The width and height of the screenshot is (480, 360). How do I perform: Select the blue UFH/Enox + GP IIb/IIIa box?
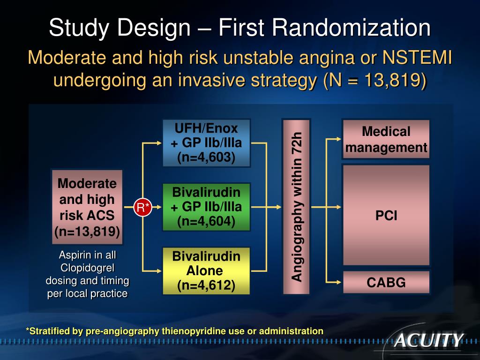pos(206,143)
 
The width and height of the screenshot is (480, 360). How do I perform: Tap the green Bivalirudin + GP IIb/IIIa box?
pos(206,207)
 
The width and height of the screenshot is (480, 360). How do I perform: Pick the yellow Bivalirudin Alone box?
pos(206,270)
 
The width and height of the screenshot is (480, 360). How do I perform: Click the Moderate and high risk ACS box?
pos(87,207)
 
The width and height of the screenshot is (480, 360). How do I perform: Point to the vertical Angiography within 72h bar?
pos(296,207)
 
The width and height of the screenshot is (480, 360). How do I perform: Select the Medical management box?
pos(386,140)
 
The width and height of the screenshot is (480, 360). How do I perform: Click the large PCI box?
pos(386,215)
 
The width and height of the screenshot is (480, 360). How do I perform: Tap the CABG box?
pos(386,282)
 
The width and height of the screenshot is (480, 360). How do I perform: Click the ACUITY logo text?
pos(428,340)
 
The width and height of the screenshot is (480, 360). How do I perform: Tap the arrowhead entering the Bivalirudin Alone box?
pos(158,270)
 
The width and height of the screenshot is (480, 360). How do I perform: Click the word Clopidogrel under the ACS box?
pos(87,268)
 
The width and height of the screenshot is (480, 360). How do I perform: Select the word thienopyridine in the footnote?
pos(194,331)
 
